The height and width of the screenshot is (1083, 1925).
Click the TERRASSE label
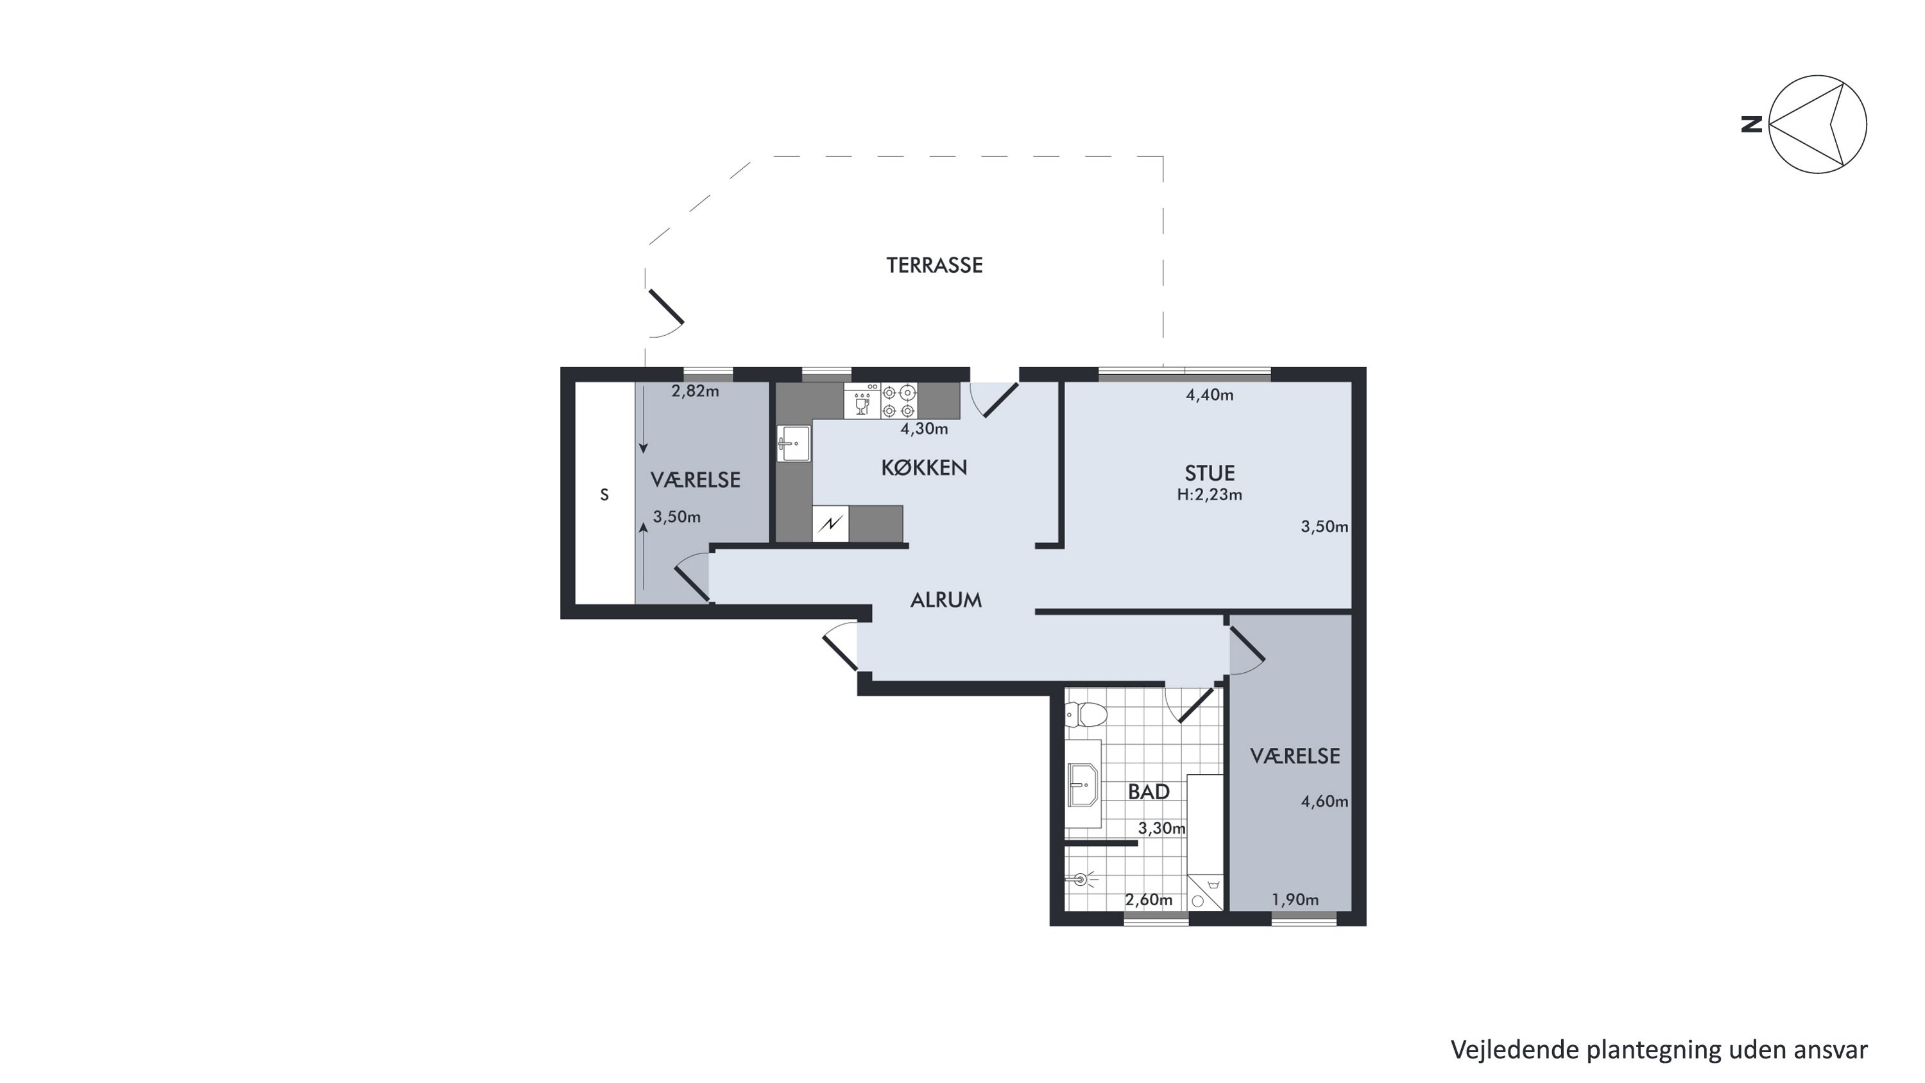pyautogui.click(x=934, y=265)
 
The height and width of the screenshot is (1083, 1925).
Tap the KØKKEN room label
pyautogui.click(x=925, y=468)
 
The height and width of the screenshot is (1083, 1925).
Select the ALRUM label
pyautogui.click(x=946, y=600)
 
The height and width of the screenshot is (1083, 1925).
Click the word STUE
pyautogui.click(x=1210, y=473)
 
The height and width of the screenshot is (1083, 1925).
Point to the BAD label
pyautogui.click(x=1149, y=792)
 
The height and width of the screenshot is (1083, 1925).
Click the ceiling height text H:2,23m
pyautogui.click(x=1210, y=495)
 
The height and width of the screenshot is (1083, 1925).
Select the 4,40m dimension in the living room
pyautogui.click(x=1210, y=395)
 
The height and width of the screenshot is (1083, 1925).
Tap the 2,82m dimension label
pyautogui.click(x=695, y=391)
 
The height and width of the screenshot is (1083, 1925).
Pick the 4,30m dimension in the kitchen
pyautogui.click(x=925, y=429)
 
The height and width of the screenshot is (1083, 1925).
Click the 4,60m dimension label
pyautogui.click(x=1325, y=802)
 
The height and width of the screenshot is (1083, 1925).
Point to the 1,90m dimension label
pyautogui.click(x=1295, y=900)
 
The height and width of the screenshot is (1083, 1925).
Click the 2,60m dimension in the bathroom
pyautogui.click(x=1149, y=900)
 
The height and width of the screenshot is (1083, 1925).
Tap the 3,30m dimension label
pyautogui.click(x=1162, y=828)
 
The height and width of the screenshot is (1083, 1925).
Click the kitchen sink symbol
pyautogui.click(x=794, y=443)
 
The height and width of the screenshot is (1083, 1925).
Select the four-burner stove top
pyautogui.click(x=899, y=401)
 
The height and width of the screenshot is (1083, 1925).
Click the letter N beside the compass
pyautogui.click(x=1752, y=124)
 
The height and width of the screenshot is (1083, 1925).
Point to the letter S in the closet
pyautogui.click(x=604, y=495)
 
